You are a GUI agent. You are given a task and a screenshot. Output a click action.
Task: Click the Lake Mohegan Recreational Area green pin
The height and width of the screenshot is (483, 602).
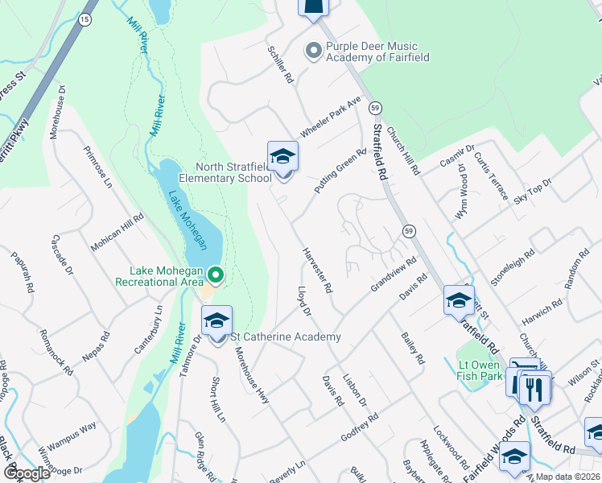[x=216, y=275]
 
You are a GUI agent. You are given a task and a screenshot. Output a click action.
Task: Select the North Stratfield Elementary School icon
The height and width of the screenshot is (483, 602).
[x=282, y=158]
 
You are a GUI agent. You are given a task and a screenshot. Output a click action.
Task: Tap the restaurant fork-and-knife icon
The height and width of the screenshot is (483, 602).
[x=535, y=390]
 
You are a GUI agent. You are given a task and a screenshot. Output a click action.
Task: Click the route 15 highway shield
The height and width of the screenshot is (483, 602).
[x=84, y=19]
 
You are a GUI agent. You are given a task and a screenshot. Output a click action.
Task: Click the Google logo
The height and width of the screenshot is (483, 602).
[x=27, y=473]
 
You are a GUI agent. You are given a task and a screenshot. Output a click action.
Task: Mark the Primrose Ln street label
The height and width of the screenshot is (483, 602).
[x=98, y=167]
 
